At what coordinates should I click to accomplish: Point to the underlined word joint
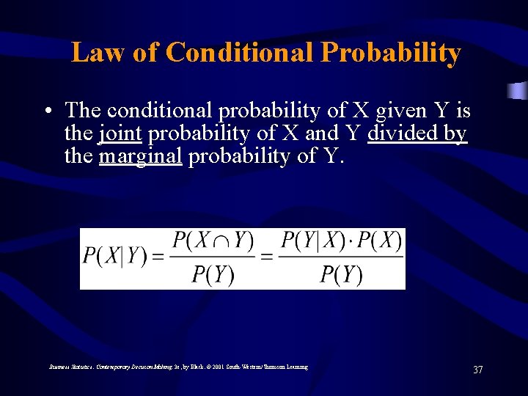pos(120,133)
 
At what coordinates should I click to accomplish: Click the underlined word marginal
pos(140,156)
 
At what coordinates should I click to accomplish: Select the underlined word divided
pos(400,133)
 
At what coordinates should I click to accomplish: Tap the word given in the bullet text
pos(403,111)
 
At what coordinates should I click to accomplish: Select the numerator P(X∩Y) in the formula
pos(213,241)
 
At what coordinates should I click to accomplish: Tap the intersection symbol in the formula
pos(219,241)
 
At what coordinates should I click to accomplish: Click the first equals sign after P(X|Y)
pos(158,257)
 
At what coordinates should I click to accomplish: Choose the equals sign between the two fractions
pos(268,257)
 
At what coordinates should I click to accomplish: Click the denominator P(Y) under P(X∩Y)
pos(213,274)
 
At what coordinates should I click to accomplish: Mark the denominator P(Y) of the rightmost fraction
pos(341,274)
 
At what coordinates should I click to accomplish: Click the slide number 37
pos(478,370)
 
